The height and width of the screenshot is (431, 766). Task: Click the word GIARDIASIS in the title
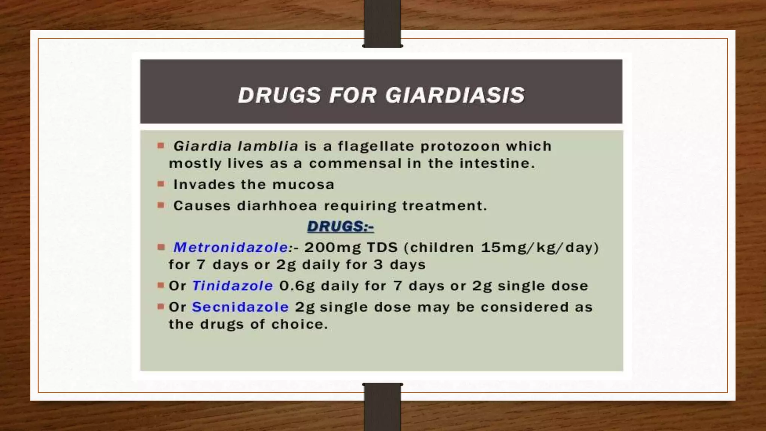pos(455,95)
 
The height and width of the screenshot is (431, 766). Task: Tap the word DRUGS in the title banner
pos(279,95)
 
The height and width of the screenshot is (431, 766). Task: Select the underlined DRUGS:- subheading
pos(340,226)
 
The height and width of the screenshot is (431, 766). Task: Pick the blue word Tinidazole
pos(232,286)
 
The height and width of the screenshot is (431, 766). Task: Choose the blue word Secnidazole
pos(240,307)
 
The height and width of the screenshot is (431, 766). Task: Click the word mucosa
pos(303,184)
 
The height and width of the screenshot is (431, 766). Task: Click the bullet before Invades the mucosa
pos(161,184)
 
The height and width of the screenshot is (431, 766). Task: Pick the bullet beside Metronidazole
pos(161,247)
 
